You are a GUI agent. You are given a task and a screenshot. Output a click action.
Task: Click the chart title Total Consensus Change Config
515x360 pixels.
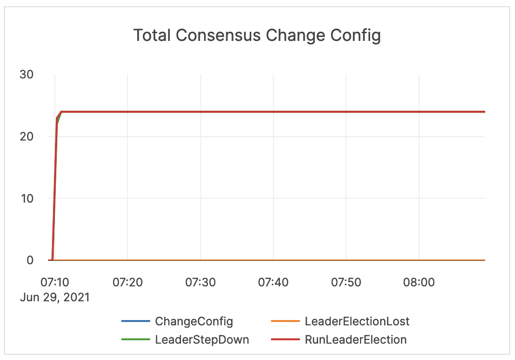(257, 35)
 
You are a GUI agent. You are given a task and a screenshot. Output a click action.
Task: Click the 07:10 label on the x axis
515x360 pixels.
(54, 282)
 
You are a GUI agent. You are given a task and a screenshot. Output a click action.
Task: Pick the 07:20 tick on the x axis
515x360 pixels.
(128, 282)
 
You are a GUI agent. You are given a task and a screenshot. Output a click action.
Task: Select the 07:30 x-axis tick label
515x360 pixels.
(200, 282)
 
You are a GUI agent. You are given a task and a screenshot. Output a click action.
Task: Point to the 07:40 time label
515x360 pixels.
(273, 282)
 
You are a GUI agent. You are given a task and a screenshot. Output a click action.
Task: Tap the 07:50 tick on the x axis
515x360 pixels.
(346, 282)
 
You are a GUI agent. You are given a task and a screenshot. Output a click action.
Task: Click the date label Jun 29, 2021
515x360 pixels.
(55, 297)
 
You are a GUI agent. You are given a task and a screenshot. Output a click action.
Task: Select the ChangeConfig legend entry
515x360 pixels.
(193, 321)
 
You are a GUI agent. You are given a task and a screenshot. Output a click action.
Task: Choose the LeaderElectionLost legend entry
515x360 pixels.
(357, 321)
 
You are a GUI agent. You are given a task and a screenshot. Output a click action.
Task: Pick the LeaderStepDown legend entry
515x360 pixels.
(202, 339)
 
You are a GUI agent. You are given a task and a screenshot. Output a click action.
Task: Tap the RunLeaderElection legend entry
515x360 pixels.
(356, 339)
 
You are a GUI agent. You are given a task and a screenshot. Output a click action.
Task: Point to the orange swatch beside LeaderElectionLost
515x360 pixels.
(285, 321)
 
